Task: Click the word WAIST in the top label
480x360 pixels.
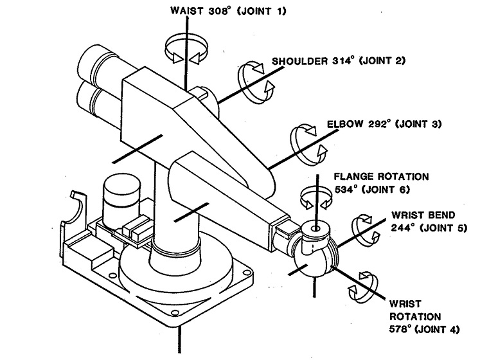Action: pos(186,11)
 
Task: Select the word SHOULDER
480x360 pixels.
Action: pos(299,61)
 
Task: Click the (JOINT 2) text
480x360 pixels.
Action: pos(382,60)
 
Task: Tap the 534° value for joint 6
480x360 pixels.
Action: pos(346,190)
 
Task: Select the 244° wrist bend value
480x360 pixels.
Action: pos(402,228)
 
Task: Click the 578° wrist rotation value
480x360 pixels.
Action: pos(400,329)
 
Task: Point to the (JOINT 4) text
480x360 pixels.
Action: pos(438,329)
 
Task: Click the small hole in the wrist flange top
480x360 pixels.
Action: pos(316,229)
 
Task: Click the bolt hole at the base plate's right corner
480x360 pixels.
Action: pos(246,272)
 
